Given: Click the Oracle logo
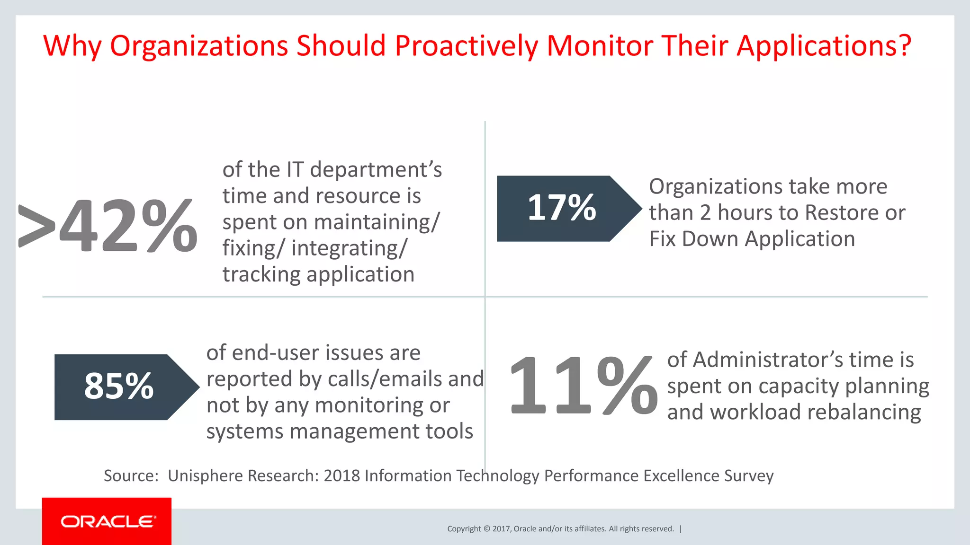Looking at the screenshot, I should pyautogui.click(x=107, y=521).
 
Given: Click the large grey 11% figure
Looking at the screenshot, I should pyautogui.click(x=584, y=386).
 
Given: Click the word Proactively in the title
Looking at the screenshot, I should pyautogui.click(x=466, y=46).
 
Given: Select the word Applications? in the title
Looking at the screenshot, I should pyautogui.click(x=824, y=46).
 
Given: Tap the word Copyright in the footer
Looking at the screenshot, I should pyautogui.click(x=464, y=529).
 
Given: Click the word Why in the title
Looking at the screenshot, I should pyautogui.click(x=72, y=46).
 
